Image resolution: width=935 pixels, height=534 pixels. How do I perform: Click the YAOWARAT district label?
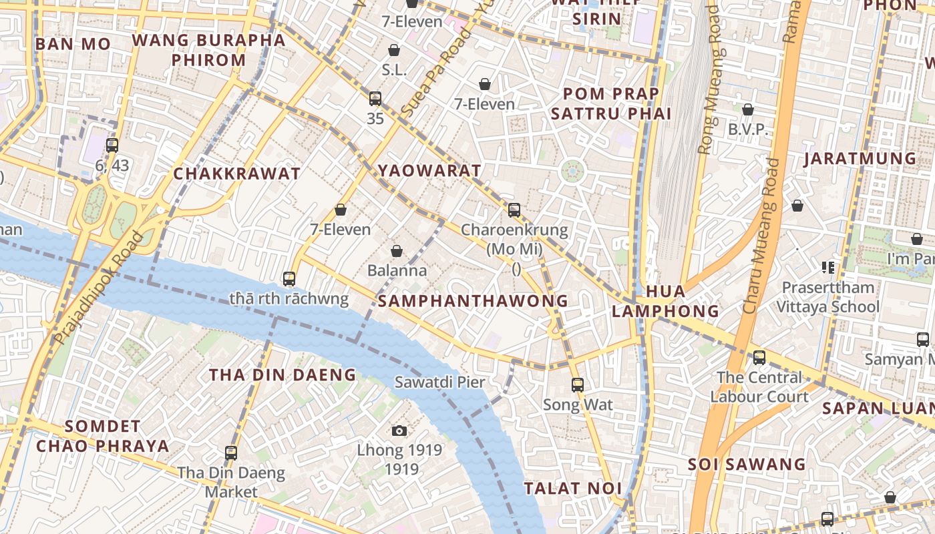click(x=429, y=170)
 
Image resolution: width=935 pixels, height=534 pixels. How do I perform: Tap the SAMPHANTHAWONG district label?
click(x=473, y=301)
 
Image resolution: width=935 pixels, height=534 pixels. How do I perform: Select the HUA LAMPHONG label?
click(x=665, y=301)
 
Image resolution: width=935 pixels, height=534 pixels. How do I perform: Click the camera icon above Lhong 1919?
click(x=399, y=431)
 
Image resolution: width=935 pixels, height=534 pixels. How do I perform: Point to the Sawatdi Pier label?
click(x=439, y=382)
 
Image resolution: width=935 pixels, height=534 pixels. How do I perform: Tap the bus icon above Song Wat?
click(x=578, y=385)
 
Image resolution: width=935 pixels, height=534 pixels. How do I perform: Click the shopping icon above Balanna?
click(x=397, y=251)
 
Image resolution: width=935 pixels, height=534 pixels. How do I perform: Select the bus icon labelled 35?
click(x=375, y=99)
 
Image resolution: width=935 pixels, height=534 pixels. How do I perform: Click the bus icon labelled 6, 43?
click(x=112, y=145)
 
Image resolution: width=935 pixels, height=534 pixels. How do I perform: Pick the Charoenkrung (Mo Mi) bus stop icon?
click(x=514, y=210)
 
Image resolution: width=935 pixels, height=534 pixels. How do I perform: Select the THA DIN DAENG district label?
click(x=283, y=375)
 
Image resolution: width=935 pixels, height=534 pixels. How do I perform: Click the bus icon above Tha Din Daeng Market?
click(x=231, y=453)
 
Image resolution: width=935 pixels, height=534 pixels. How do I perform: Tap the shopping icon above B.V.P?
click(x=748, y=109)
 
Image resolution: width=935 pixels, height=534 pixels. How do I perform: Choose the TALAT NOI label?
click(x=573, y=489)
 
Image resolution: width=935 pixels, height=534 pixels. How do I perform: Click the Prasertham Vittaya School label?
click(x=827, y=297)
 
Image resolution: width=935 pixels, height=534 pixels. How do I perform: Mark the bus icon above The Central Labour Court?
click(x=759, y=357)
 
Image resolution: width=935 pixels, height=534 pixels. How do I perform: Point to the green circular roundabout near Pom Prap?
click(x=572, y=171)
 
